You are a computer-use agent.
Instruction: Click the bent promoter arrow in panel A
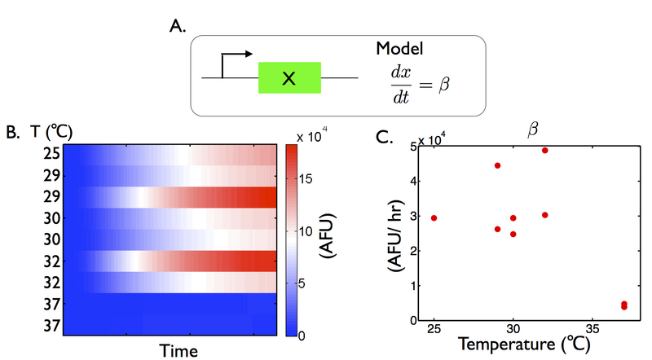coord(233,62)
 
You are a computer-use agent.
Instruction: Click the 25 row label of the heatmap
coord(51,153)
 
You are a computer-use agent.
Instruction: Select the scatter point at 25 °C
coord(434,218)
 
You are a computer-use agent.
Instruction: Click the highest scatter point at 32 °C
coord(544,151)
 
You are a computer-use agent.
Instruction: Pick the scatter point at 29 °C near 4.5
coord(497,165)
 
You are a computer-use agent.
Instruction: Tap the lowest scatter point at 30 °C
coord(513,235)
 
